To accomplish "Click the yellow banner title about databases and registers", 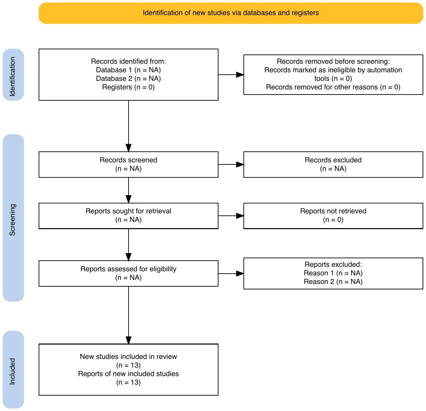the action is pyautogui.click(x=231, y=13).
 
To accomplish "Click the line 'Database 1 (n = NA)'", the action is pyautogui.click(x=129, y=70).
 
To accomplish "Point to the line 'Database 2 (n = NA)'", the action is pyautogui.click(x=129, y=78).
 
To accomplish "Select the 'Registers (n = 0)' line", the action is pyautogui.click(x=129, y=87).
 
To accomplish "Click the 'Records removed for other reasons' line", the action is pyautogui.click(x=333, y=87).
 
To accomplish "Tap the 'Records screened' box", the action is pyautogui.click(x=129, y=164).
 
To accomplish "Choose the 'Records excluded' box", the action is pyautogui.click(x=333, y=164).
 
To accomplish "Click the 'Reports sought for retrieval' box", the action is pyautogui.click(x=129, y=216).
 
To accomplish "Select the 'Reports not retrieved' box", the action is pyautogui.click(x=333, y=216).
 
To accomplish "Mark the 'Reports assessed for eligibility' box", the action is pyautogui.click(x=129, y=274).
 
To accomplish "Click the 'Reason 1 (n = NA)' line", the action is pyautogui.click(x=333, y=273).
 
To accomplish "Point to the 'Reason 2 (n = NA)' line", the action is pyautogui.click(x=333, y=282).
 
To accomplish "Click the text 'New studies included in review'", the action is pyautogui.click(x=129, y=357).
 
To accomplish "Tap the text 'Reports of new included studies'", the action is pyautogui.click(x=129, y=374).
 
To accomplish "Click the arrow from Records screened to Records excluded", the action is pyautogui.click(x=231, y=164).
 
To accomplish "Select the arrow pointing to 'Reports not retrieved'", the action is pyautogui.click(x=231, y=216).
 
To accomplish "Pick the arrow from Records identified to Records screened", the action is pyautogui.click(x=129, y=126).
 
